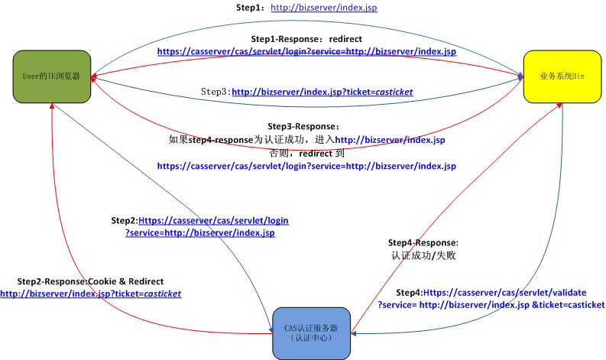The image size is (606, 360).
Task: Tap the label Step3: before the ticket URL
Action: tap(216, 92)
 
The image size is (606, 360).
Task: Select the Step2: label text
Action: tap(125, 220)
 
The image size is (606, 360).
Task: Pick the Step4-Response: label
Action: tap(423, 242)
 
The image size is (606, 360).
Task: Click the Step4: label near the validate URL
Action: tap(409, 293)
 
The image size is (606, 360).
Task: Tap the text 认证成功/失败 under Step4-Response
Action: tap(423, 256)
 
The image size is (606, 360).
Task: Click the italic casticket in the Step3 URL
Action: tap(390, 92)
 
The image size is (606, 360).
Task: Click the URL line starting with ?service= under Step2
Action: tap(200, 232)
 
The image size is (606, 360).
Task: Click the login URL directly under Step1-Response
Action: tap(306, 51)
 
